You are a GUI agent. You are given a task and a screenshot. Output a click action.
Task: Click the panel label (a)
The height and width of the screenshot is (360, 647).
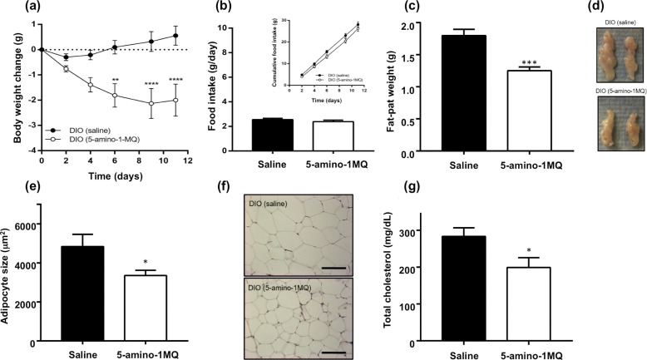(x=12, y=9)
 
